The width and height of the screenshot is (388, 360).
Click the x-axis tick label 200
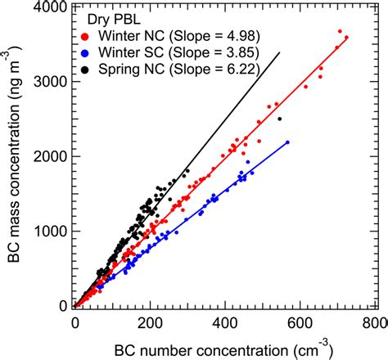coord(150,322)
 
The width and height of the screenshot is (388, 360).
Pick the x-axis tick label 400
coord(225,322)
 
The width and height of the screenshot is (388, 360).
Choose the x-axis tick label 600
coord(300,322)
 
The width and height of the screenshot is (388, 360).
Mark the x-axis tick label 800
coord(373,322)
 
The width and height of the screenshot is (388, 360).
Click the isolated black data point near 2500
coord(280,119)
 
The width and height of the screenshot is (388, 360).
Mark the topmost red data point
coord(340,31)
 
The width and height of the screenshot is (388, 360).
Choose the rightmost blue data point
coord(287,143)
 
